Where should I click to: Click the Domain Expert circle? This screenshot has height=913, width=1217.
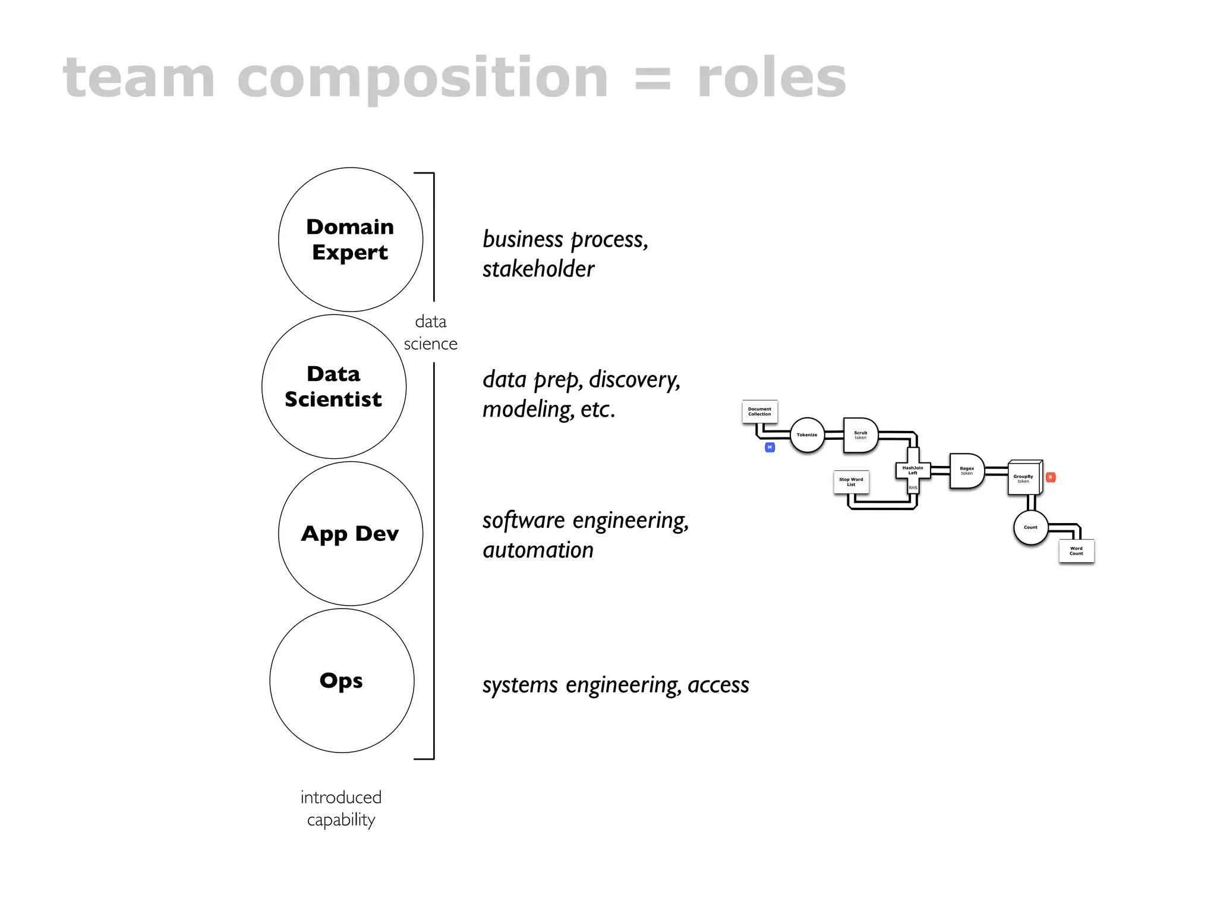point(351,240)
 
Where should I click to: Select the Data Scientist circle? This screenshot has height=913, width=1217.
point(334,386)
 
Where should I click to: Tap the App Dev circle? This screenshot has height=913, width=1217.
point(351,533)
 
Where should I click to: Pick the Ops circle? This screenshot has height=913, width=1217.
point(342,680)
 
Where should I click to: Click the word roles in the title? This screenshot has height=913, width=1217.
point(771,78)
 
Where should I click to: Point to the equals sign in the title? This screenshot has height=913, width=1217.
point(652,80)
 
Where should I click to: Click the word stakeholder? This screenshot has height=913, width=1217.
point(538,269)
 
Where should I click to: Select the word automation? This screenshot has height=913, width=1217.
point(538,550)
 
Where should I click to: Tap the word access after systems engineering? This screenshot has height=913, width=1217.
point(718,685)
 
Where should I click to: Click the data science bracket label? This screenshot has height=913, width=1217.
point(431,332)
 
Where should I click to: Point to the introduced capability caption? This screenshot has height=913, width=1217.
point(341,808)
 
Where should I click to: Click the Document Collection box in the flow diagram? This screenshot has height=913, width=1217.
point(759,411)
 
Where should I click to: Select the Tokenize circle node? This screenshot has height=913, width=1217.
point(807,435)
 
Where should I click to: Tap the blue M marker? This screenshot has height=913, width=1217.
point(770,447)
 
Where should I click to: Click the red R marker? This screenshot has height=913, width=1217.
point(1050,477)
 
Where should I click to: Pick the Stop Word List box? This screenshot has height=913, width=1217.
point(851,481)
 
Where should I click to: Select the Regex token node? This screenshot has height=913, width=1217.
point(966,471)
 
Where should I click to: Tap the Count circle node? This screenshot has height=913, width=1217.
point(1030,527)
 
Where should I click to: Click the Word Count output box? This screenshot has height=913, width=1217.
point(1076,551)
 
